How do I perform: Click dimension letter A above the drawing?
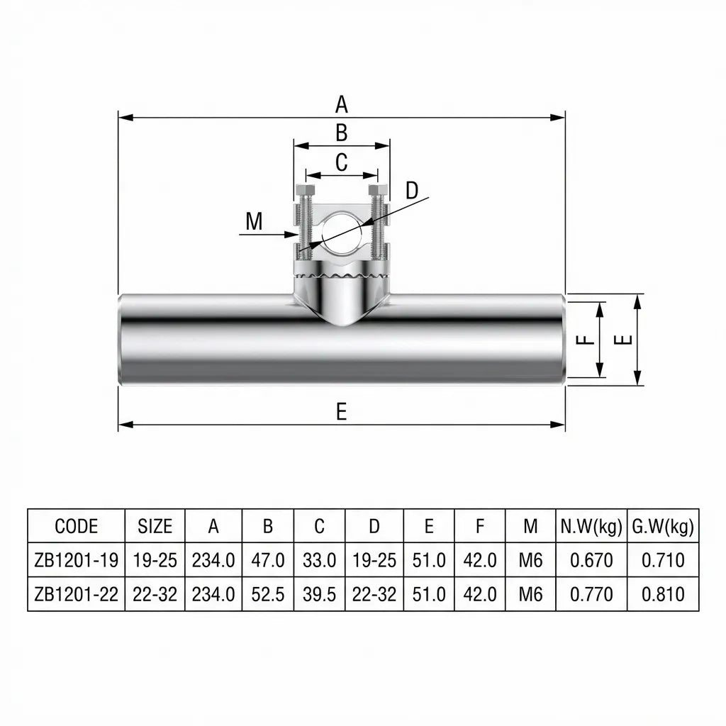tap(342, 105)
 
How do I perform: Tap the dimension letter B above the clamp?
tap(341, 133)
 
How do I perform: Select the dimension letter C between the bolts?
tap(341, 162)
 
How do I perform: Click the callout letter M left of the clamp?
tap(254, 222)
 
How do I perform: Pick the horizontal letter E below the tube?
tap(341, 412)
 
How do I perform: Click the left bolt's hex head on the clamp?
tap(306, 191)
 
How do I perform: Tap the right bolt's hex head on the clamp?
tap(378, 191)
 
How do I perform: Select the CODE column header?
tap(76, 526)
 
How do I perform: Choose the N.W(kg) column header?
tap(591, 526)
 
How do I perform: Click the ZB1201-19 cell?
tap(76, 560)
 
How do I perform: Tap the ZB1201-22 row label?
tap(76, 593)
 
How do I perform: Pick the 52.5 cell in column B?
tap(268, 593)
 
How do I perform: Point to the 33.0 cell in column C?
tap(319, 560)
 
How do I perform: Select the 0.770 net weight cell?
tap(591, 593)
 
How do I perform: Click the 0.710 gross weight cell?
tap(663, 560)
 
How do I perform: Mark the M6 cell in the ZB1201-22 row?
tap(530, 593)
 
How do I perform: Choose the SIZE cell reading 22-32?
tap(155, 593)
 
